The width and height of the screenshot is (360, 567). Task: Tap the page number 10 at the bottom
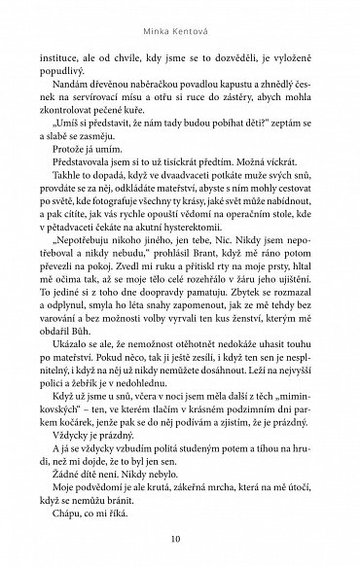(x=181, y=540)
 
